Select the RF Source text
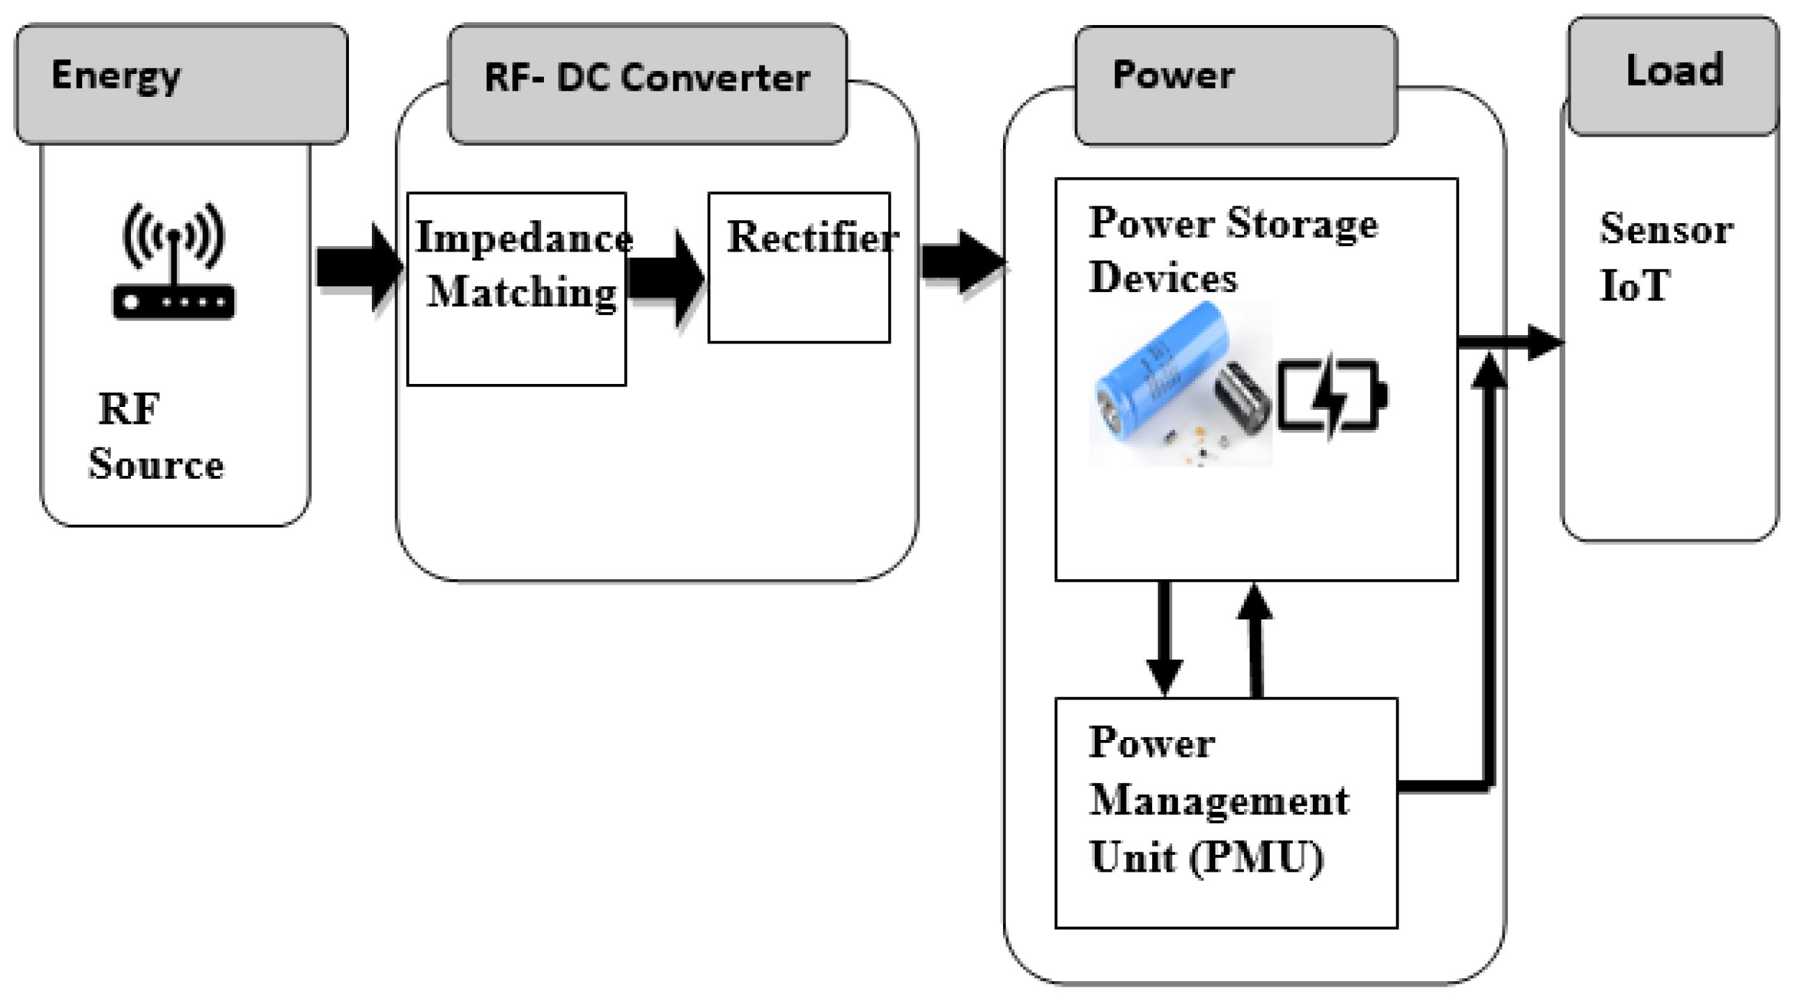coord(155,437)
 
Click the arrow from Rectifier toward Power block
coord(963,263)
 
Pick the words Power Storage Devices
coord(1232,249)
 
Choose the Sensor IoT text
coord(1665,257)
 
